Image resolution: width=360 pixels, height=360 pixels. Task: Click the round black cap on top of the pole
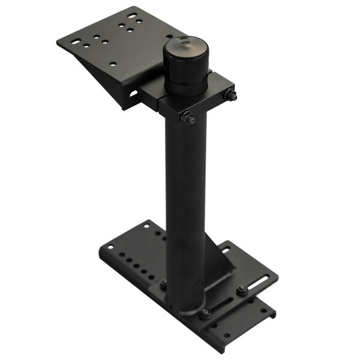187,63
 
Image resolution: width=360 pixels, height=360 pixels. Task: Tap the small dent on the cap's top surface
187,43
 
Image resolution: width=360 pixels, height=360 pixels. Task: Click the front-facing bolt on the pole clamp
188,119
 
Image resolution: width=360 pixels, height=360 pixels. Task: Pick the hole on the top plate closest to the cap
139,22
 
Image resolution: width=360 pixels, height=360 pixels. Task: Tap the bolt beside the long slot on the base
241,290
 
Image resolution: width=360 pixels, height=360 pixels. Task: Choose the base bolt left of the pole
163,283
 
